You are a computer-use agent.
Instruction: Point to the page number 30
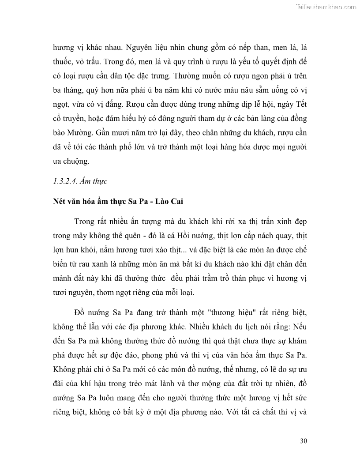pos(303,441)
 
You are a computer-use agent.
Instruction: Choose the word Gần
pos(105,133)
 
